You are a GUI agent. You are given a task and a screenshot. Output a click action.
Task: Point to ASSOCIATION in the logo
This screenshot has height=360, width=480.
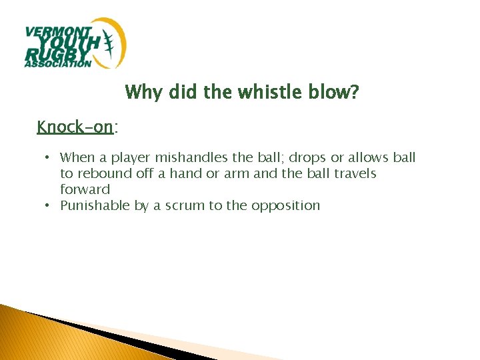pos(57,65)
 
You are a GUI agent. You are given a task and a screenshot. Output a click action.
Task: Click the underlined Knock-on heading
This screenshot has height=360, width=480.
pos(75,126)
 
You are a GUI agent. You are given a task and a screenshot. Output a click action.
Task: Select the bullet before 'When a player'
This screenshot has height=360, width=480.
pos(49,158)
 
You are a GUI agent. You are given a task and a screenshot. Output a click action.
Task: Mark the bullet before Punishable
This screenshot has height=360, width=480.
pos(49,206)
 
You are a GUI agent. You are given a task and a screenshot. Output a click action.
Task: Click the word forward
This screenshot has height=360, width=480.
pos(85,190)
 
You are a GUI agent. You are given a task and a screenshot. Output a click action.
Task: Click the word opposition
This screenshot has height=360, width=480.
pos(286,206)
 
